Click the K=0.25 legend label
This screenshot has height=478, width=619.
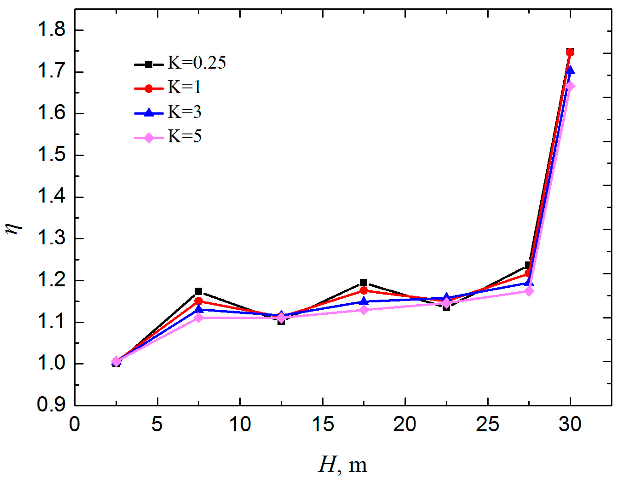click(x=197, y=63)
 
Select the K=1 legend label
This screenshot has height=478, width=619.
click(x=184, y=87)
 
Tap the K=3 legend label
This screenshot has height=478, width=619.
click(x=184, y=112)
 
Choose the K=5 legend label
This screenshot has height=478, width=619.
click(x=184, y=136)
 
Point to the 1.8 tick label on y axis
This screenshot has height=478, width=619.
click(x=51, y=30)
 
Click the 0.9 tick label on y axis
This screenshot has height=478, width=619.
click(x=51, y=405)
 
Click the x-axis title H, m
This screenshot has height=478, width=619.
click(x=343, y=464)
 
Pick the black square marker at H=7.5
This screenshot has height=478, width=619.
click(x=198, y=291)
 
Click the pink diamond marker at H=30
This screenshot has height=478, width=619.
click(x=570, y=87)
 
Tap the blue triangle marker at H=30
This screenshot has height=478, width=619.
click(x=570, y=71)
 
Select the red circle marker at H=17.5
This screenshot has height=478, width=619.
click(x=364, y=291)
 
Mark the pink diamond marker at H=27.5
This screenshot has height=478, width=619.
click(x=529, y=291)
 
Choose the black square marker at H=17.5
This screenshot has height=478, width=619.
click(x=364, y=283)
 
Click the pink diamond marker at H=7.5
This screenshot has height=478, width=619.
click(x=198, y=318)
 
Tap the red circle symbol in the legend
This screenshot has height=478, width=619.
click(x=149, y=88)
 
